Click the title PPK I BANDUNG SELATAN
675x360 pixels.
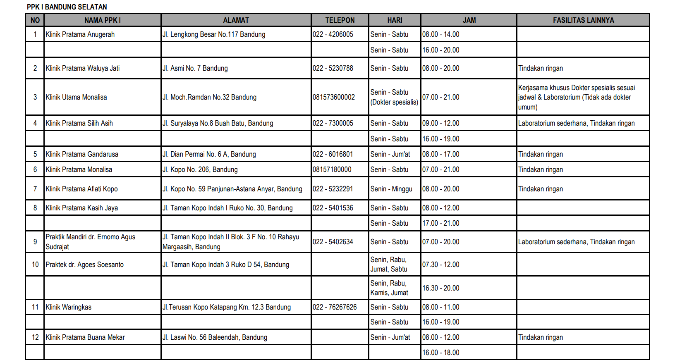pyautogui.click(x=67, y=7)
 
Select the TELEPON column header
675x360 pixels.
pyautogui.click(x=340, y=20)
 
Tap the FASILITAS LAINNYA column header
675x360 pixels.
pyautogui.click(x=583, y=20)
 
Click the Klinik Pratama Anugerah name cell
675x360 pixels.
pyautogui.click(x=80, y=34)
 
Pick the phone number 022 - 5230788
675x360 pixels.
pyautogui.click(x=333, y=68)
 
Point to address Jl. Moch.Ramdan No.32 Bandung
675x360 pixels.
pyautogui.click(x=209, y=97)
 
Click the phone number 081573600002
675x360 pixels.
pyautogui.click(x=334, y=97)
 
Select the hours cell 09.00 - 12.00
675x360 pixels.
pyautogui.click(x=441, y=123)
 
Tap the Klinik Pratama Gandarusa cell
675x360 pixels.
pyautogui.click(x=82, y=154)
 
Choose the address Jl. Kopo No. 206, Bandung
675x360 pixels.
pyautogui.click(x=200, y=169)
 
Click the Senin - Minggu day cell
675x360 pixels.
pyautogui.click(x=391, y=189)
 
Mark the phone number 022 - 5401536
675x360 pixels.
pyautogui.click(x=333, y=208)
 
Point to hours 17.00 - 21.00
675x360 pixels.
pyautogui.click(x=441, y=223)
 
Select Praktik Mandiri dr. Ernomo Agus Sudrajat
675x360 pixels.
pyautogui.click(x=90, y=242)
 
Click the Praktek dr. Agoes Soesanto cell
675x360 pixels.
pyautogui.click(x=85, y=265)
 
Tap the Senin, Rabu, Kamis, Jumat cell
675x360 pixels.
pyautogui.click(x=389, y=288)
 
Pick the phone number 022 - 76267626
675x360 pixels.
pyautogui.click(x=335, y=307)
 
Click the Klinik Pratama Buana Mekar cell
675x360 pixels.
pyautogui.click(x=85, y=337)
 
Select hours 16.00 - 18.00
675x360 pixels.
pyautogui.click(x=441, y=353)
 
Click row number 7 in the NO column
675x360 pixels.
pyautogui.click(x=35, y=189)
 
